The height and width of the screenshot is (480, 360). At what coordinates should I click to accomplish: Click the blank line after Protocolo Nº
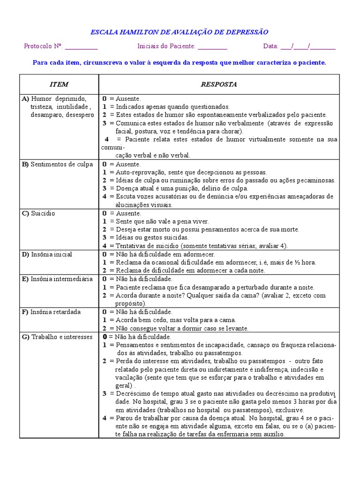tap(81, 46)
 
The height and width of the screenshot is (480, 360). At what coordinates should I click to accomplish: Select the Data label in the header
tap(270, 46)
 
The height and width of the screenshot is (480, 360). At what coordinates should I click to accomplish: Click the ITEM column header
tap(59, 84)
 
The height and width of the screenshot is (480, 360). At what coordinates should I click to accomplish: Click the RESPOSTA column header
tap(219, 84)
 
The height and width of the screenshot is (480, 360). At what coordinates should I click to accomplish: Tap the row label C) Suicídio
tap(38, 213)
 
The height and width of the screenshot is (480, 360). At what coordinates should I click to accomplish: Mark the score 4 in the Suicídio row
tap(105, 246)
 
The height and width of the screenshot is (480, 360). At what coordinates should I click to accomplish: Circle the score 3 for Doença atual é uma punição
tap(105, 188)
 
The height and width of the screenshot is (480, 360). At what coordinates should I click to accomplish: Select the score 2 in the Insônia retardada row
tap(105, 328)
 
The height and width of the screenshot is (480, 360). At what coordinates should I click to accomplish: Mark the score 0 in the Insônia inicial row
tap(105, 254)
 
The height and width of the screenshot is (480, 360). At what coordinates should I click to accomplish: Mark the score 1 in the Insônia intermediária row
tap(105, 287)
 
